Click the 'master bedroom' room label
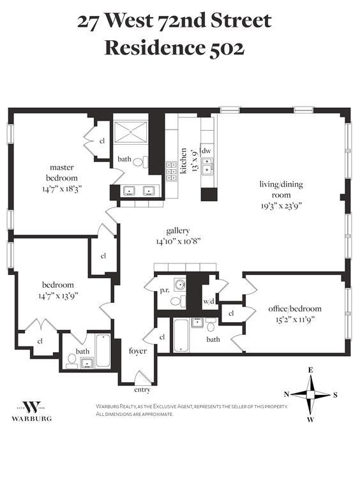coord(61,172)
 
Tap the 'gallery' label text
coord(178,230)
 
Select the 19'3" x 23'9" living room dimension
coord(281,206)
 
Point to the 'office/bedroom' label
coord(295,309)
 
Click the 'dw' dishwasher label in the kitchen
coord(206,151)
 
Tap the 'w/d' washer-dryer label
coord(209,302)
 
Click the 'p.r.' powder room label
coord(165,290)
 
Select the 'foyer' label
coord(137,351)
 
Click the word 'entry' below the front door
coord(142,390)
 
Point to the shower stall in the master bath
coord(130,133)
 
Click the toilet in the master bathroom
coord(140,162)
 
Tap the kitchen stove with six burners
coord(171,171)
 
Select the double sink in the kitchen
coord(207,165)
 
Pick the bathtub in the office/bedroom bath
coord(181,336)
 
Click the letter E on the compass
coord(311,370)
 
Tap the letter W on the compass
coord(310,420)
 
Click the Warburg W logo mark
coord(32,407)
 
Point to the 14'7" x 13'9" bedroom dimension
coord(58,295)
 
